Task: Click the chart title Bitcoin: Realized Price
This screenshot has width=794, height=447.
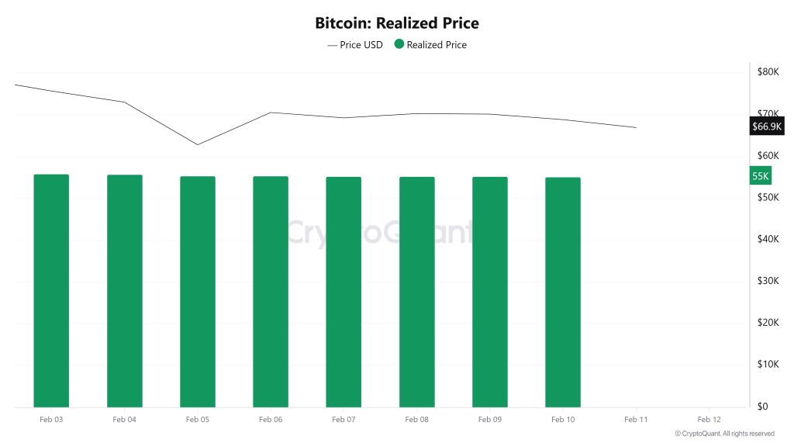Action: click(396, 23)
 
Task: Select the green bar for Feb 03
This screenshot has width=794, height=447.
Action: click(51, 291)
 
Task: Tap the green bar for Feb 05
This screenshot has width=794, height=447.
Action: click(198, 292)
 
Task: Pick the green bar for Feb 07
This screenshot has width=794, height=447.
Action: click(343, 292)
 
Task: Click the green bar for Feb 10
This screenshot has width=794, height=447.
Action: click(563, 293)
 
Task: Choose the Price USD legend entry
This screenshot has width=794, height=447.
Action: click(355, 45)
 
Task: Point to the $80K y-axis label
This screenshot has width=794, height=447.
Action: click(768, 72)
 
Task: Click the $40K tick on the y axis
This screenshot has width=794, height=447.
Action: click(768, 239)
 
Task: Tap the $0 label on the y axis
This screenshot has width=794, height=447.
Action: click(763, 406)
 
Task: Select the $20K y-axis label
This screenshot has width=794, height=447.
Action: click(768, 323)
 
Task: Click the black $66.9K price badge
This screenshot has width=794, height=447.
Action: click(767, 126)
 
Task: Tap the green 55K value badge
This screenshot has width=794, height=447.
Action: click(761, 176)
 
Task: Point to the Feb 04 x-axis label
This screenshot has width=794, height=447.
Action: click(124, 419)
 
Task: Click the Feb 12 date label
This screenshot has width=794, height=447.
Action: click(709, 419)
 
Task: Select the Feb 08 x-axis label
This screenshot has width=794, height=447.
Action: click(416, 419)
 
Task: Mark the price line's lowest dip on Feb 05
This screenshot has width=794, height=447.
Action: click(198, 144)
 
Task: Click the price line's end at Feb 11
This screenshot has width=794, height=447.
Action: click(636, 127)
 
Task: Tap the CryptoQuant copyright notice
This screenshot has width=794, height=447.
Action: click(724, 434)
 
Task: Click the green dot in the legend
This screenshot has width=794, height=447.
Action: click(399, 44)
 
